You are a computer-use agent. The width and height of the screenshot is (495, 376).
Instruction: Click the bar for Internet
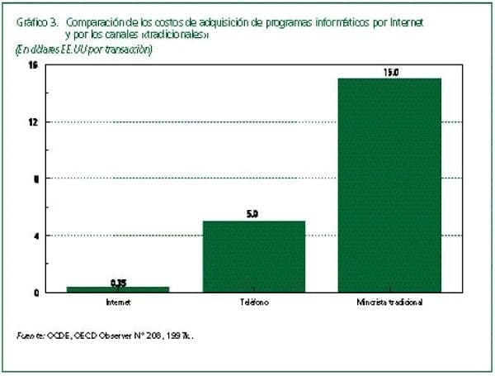click(117, 289)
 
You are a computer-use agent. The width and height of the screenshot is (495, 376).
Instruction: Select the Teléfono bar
click(254, 256)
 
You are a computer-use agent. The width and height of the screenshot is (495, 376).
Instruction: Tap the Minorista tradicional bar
click(390, 185)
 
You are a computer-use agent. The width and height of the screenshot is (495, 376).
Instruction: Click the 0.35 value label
click(117, 283)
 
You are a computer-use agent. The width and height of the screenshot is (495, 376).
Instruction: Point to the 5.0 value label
click(253, 214)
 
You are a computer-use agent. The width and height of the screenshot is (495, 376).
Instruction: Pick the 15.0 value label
click(390, 72)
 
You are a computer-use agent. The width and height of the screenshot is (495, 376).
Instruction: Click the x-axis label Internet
click(117, 302)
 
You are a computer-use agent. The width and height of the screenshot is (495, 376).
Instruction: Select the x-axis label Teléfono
click(254, 302)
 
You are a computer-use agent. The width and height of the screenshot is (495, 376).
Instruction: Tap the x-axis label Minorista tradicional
click(390, 302)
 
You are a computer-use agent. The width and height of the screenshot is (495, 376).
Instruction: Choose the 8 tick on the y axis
click(35, 178)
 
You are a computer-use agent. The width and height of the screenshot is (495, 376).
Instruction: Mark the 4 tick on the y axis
click(35, 236)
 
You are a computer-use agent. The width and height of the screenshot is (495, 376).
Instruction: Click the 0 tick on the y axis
click(35, 293)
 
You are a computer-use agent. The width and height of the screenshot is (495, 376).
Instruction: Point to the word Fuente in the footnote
click(31, 336)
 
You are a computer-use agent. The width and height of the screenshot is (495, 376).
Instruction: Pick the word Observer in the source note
click(118, 336)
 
